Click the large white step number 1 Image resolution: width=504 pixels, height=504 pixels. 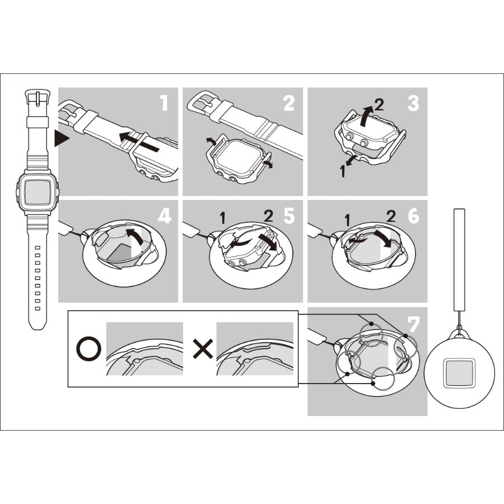(x=164, y=103)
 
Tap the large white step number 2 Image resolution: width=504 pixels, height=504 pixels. (x=288, y=103)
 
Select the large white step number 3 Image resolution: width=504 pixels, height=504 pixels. (x=413, y=103)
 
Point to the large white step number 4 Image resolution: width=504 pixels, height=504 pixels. (x=164, y=216)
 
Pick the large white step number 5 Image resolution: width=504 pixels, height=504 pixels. (x=289, y=216)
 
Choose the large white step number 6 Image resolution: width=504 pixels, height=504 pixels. (x=413, y=216)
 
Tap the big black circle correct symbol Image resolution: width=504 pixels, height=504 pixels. (x=88, y=349)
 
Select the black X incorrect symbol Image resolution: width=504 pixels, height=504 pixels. (x=203, y=349)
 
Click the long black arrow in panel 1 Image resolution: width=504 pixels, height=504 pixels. (x=139, y=142)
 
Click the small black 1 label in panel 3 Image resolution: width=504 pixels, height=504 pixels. (x=343, y=171)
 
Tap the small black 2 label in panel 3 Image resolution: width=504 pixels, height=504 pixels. (x=379, y=105)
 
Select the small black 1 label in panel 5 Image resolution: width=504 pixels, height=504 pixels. (x=222, y=218)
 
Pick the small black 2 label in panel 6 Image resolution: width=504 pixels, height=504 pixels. (x=391, y=217)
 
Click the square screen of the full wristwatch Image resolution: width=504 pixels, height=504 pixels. (x=38, y=192)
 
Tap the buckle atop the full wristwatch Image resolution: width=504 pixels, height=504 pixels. (x=38, y=97)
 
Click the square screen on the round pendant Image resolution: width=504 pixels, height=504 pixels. (x=459, y=373)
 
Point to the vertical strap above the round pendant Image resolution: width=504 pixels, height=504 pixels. (x=459, y=260)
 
